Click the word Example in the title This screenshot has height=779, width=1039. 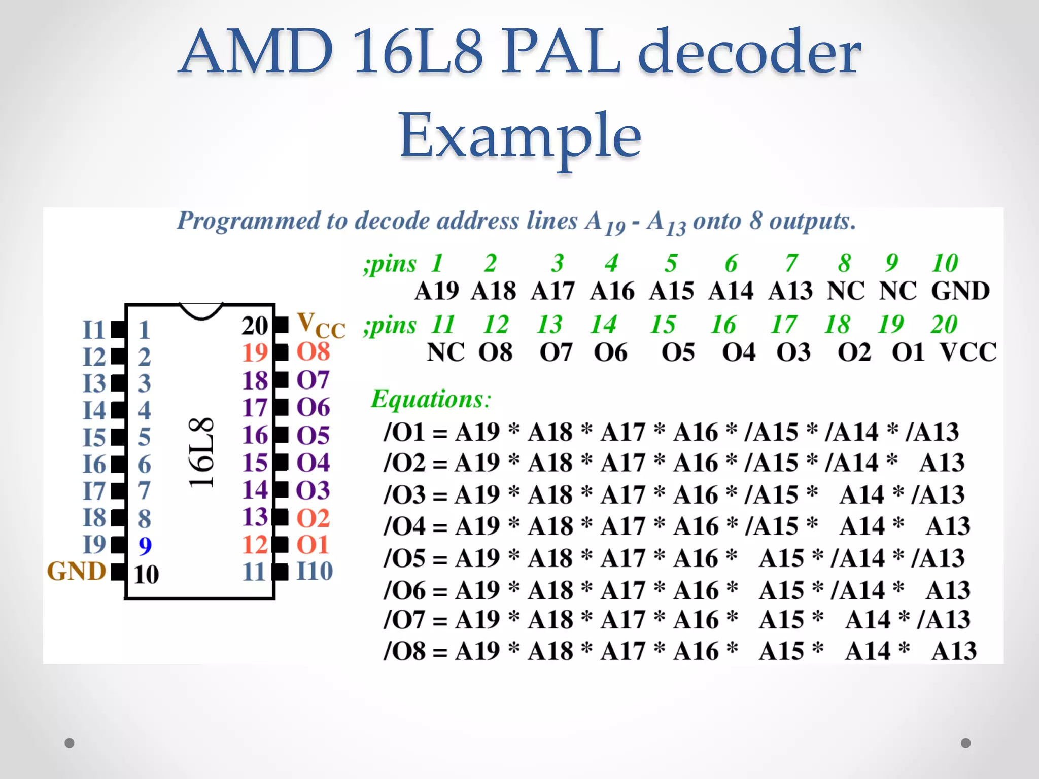(x=520, y=136)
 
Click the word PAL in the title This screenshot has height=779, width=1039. (x=561, y=52)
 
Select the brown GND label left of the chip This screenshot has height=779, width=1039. (x=77, y=572)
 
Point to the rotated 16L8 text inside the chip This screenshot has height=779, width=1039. (x=201, y=453)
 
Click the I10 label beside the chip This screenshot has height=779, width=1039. (x=315, y=572)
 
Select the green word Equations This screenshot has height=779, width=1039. (x=431, y=399)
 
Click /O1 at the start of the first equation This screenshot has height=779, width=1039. (x=404, y=432)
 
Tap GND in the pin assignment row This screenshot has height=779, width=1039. (x=960, y=291)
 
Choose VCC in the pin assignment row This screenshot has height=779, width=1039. (x=968, y=352)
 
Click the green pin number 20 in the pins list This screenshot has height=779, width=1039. (x=944, y=325)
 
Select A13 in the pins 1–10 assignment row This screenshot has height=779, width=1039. (x=790, y=291)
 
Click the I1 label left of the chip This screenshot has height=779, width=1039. (x=93, y=330)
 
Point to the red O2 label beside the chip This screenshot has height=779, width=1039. (x=313, y=518)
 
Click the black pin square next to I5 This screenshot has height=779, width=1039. (x=118, y=437)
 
